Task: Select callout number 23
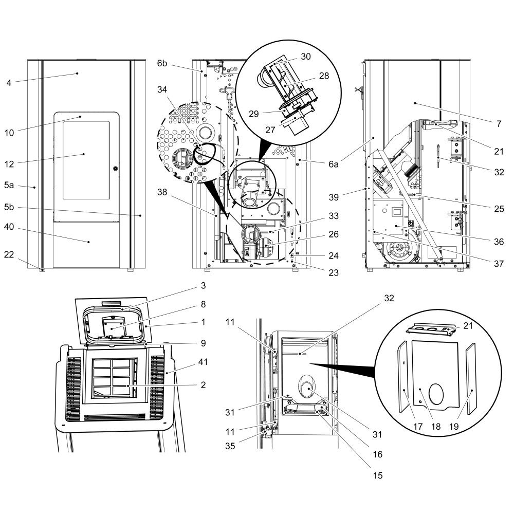[334, 273]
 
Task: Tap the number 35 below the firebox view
[230, 446]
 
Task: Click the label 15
[378, 475]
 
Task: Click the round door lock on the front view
[115, 169]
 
